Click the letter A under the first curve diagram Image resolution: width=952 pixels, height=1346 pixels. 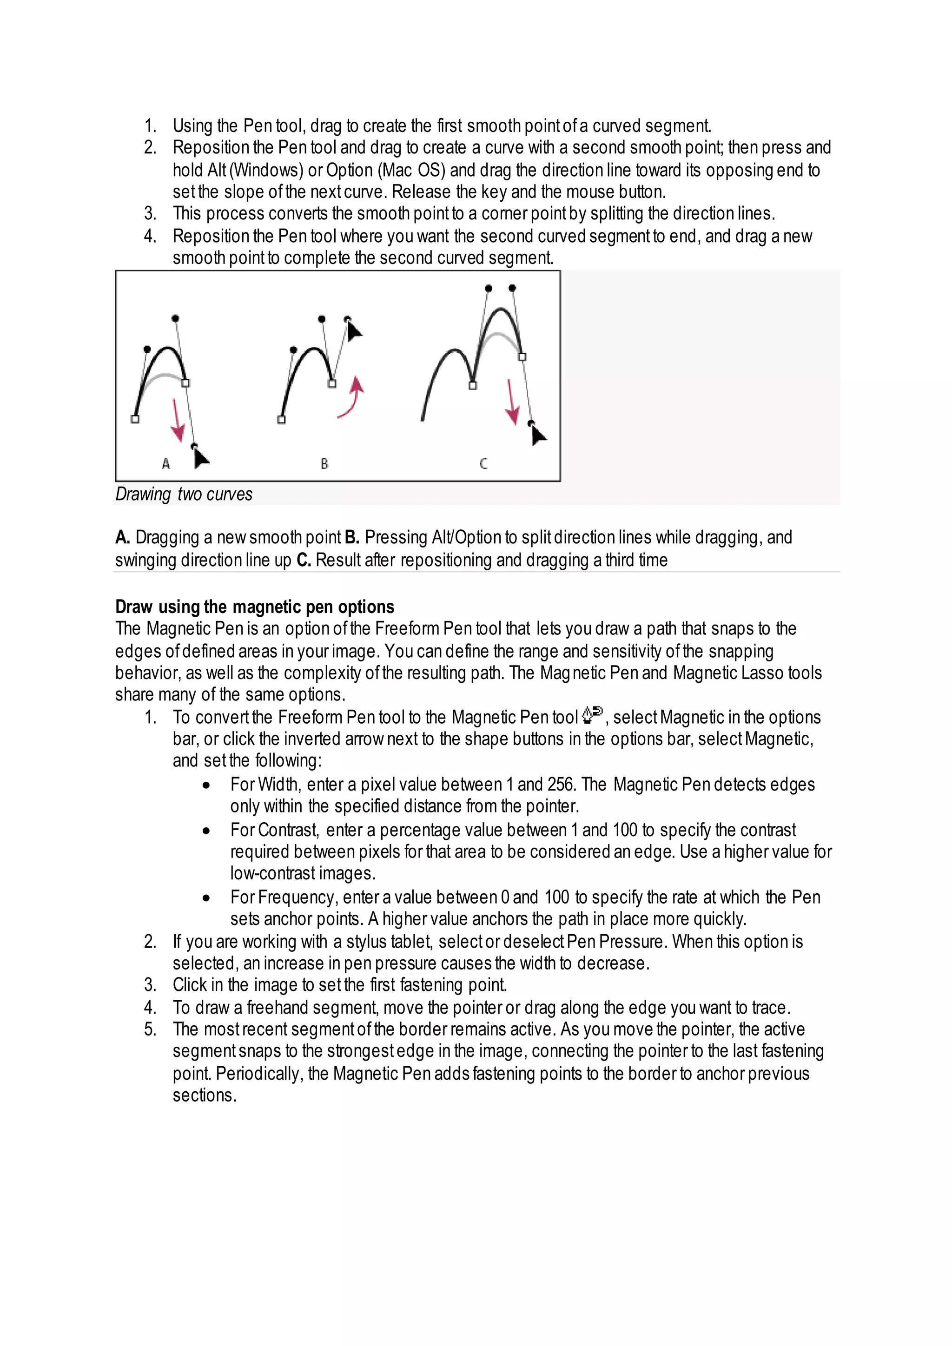pyautogui.click(x=166, y=464)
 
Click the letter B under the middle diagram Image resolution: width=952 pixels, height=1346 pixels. pyautogui.click(x=324, y=464)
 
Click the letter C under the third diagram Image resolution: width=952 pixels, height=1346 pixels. pyautogui.click(x=483, y=464)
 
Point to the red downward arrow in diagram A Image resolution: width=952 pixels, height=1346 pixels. pyautogui.click(x=177, y=421)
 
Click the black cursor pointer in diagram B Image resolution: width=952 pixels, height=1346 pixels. pyautogui.click(x=353, y=331)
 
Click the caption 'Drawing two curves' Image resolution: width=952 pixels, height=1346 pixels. pyautogui.click(x=184, y=494)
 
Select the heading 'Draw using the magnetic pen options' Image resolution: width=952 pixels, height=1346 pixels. pyautogui.click(x=254, y=607)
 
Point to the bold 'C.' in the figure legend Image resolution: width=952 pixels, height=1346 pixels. pyautogui.click(x=303, y=560)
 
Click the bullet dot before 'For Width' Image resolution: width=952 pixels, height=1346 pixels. pyautogui.click(x=206, y=785)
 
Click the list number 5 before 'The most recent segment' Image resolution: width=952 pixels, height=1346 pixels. pyautogui.click(x=150, y=1029)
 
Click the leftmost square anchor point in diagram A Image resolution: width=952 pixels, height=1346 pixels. pyautogui.click(x=135, y=419)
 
